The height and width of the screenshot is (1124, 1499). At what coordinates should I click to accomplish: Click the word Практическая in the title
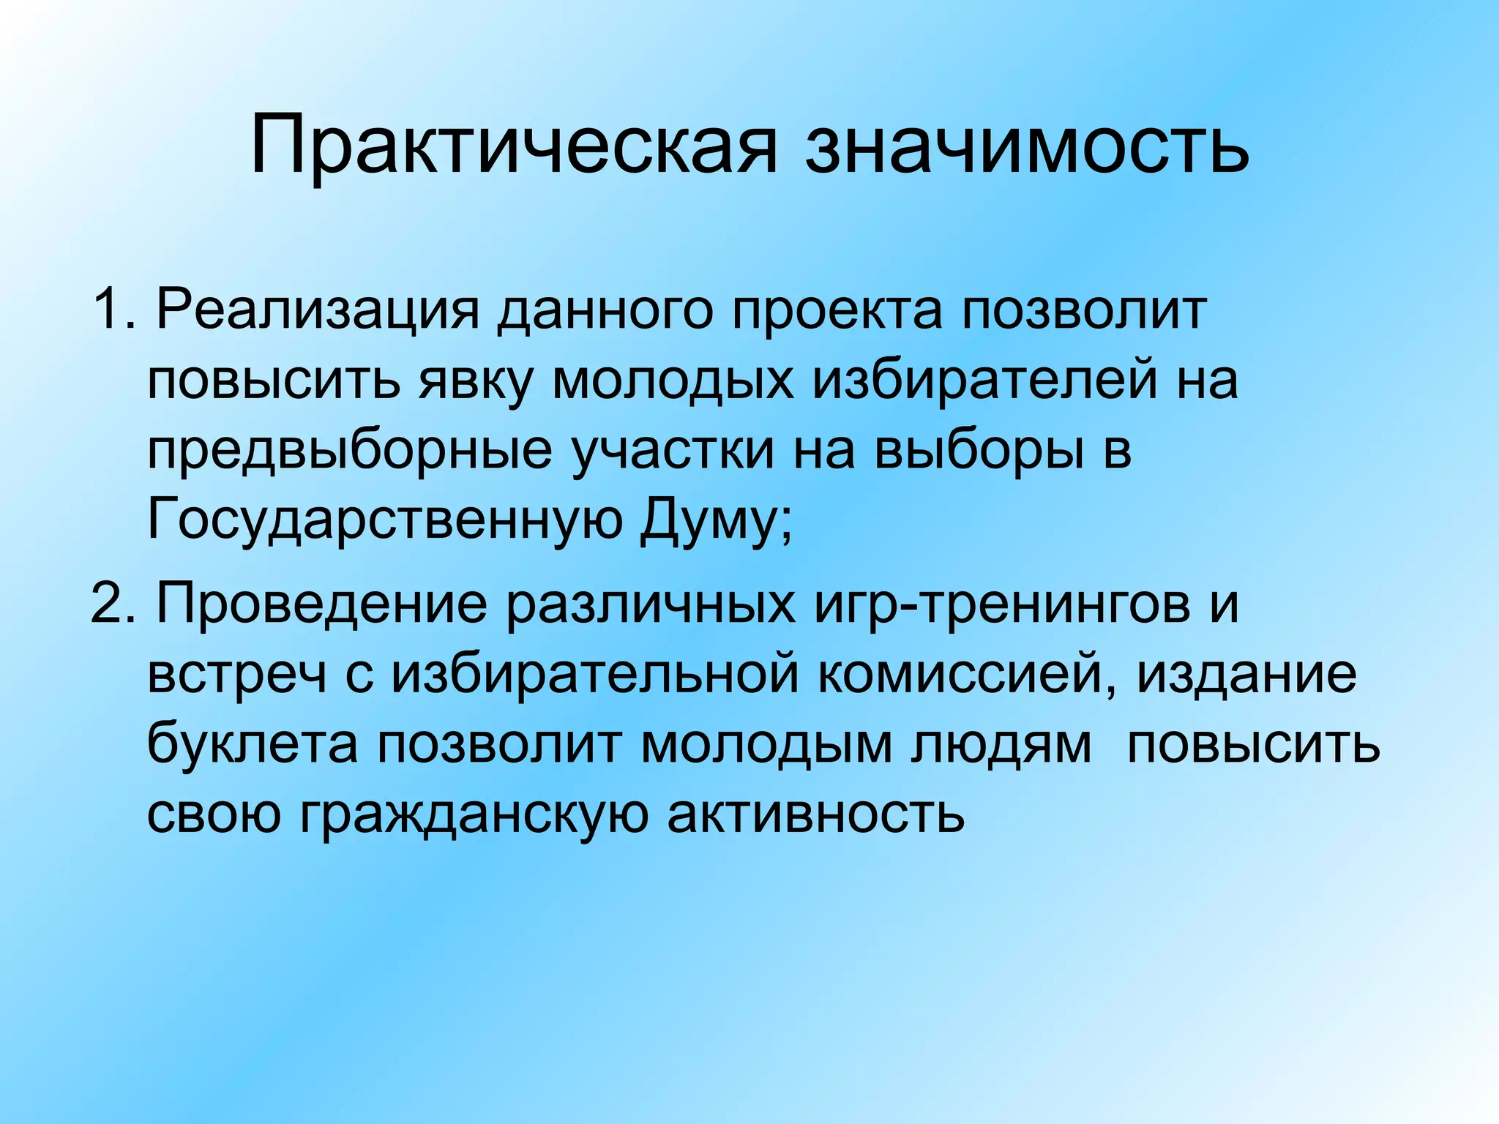512,146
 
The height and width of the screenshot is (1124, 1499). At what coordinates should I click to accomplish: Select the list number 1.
110,309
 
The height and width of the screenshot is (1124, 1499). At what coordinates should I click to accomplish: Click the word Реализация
318,309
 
